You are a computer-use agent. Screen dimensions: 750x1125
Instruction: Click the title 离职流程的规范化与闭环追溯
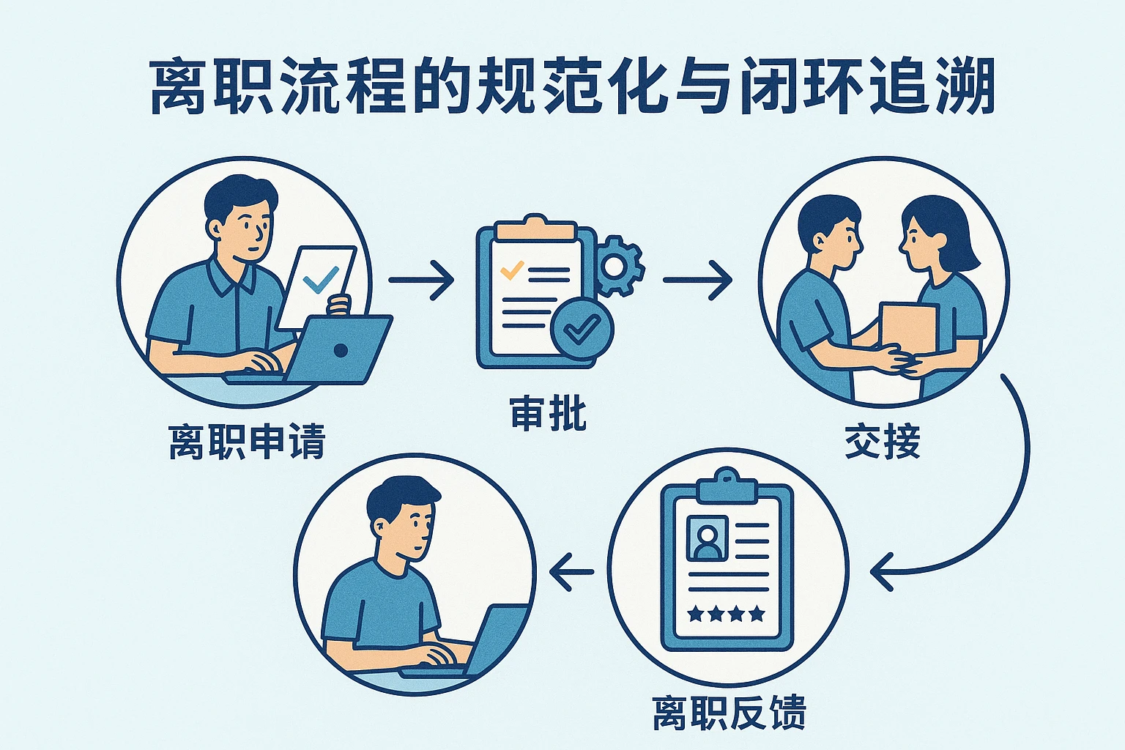coord(571,88)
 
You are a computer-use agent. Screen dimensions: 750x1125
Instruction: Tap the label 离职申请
coord(247,442)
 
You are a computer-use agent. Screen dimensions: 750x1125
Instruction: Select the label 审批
coord(549,414)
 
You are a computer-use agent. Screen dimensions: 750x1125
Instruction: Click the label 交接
coord(882,442)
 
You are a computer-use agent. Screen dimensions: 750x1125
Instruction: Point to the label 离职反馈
coord(729,713)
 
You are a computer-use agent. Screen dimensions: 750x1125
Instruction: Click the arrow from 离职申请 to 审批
coord(421,280)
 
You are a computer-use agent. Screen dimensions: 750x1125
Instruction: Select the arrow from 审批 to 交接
coord(697,280)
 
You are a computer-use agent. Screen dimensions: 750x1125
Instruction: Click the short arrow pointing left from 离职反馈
coord(572,572)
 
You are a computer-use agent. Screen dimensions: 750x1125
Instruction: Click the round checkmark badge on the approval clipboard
coord(582,330)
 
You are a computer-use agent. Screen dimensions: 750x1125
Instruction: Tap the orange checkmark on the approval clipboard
coord(510,271)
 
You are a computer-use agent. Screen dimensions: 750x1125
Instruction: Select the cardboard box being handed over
coord(908,326)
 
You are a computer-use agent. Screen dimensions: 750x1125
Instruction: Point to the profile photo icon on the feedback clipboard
coord(707,539)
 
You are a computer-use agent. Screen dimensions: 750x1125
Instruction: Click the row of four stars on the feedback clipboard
coord(726,614)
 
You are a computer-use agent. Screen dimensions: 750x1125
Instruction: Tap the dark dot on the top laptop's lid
coord(341,350)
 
